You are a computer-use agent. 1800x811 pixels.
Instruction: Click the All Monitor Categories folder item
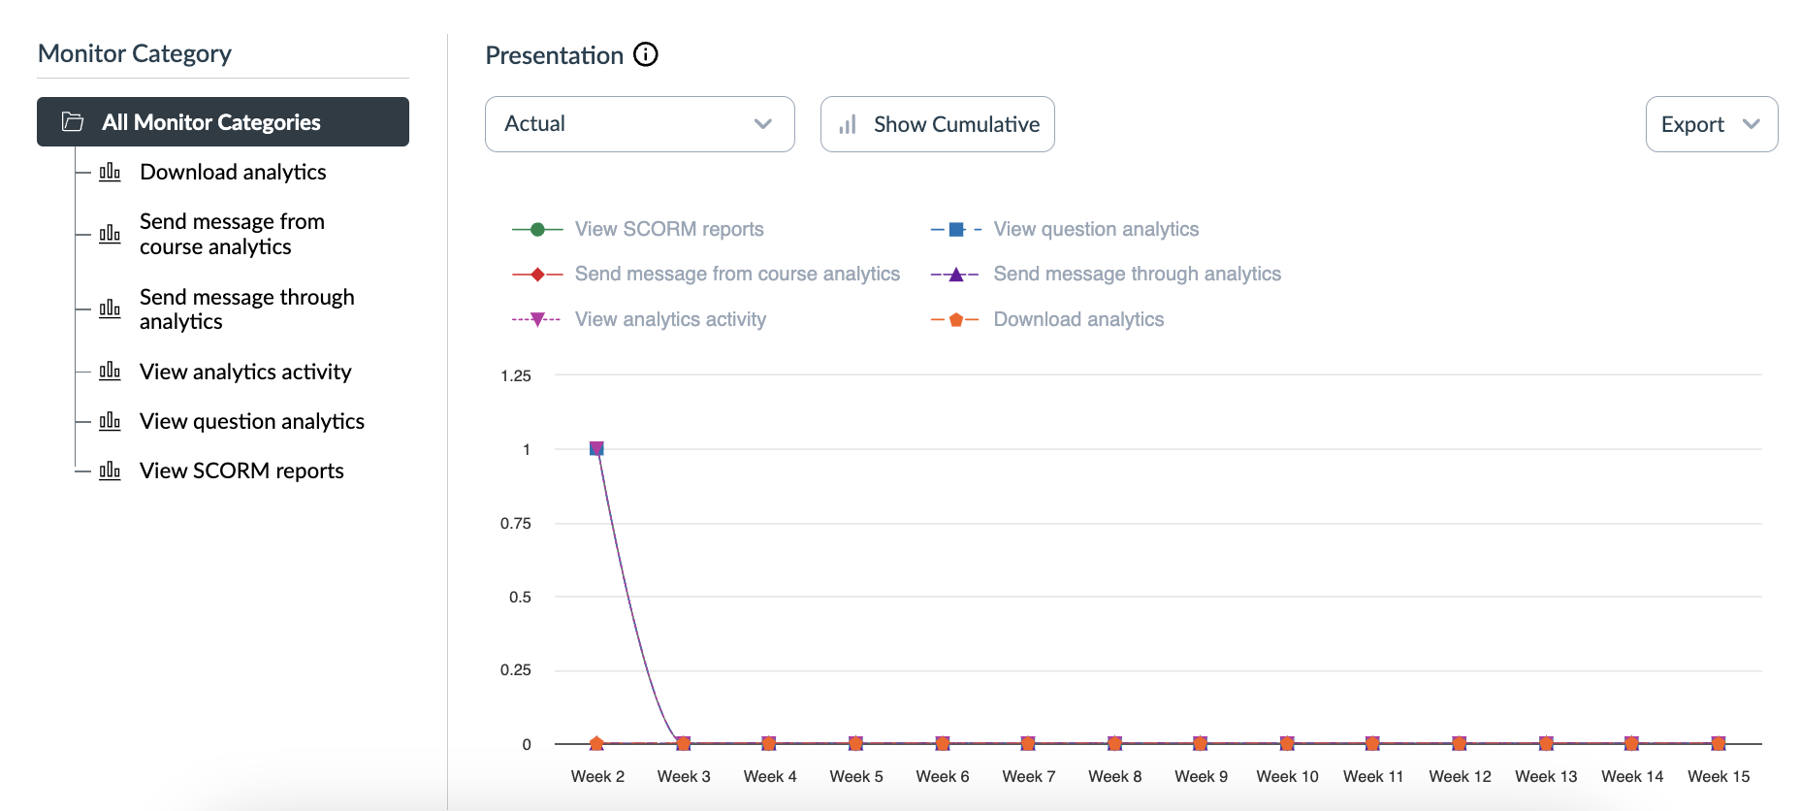(222, 122)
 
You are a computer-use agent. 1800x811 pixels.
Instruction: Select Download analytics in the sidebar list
(233, 172)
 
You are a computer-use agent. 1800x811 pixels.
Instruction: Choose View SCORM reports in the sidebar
(241, 470)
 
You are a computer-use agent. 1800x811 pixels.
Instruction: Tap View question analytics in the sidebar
(251, 421)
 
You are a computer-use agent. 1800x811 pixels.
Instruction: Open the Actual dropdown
(639, 124)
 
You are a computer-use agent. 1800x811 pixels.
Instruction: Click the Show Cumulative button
(937, 124)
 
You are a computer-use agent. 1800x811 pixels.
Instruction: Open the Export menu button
(1711, 124)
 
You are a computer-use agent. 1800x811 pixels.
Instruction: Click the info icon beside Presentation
(646, 54)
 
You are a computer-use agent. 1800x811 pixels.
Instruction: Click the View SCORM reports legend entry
(668, 229)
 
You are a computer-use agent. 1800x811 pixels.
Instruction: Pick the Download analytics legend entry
(1077, 319)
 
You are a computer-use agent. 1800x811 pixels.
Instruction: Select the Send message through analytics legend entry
(1137, 274)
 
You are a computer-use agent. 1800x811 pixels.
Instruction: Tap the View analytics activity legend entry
(669, 319)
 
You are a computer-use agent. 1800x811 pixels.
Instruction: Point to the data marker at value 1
(596, 448)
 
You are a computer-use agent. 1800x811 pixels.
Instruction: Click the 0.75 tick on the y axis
(516, 523)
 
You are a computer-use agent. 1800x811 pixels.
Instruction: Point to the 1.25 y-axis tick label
(516, 375)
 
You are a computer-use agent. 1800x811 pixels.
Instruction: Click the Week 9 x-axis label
(1201, 776)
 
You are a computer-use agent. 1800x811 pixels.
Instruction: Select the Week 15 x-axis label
(1719, 776)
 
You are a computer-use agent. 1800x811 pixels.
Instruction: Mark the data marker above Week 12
(1460, 743)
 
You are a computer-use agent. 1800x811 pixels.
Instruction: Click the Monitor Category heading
(135, 53)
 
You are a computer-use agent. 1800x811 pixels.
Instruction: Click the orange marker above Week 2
(596, 743)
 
